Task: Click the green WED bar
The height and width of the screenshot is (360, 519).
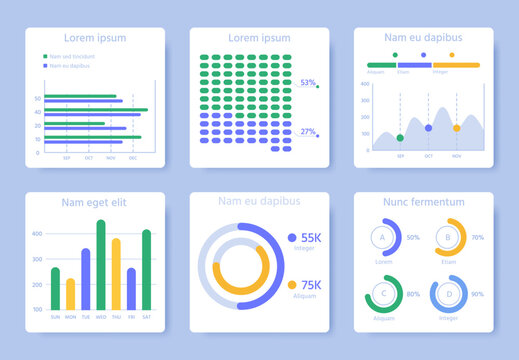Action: click(101, 265)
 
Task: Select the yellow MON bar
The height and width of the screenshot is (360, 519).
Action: click(70, 294)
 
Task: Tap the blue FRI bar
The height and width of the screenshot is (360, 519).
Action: click(131, 288)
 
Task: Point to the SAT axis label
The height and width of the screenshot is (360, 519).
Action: click(147, 316)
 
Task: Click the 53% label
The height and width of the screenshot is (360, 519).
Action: click(308, 83)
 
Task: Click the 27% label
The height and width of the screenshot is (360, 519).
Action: click(308, 132)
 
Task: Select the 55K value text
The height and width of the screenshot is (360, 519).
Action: click(311, 238)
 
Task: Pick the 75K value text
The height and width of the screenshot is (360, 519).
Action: click(311, 285)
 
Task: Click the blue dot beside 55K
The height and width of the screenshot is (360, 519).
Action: click(292, 238)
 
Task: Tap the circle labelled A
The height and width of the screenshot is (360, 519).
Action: click(381, 237)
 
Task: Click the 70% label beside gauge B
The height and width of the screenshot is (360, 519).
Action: click(478, 237)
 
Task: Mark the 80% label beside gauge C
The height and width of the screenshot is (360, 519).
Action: click(413, 294)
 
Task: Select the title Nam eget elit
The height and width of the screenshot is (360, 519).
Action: click(94, 202)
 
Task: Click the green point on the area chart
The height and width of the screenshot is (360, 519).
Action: click(400, 138)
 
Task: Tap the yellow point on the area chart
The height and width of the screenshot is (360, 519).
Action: click(456, 128)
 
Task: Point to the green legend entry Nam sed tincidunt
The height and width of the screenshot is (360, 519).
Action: click(72, 56)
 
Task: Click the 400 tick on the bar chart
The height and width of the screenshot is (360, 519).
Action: click(37, 233)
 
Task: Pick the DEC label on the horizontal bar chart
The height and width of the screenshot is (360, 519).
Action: click(133, 158)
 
